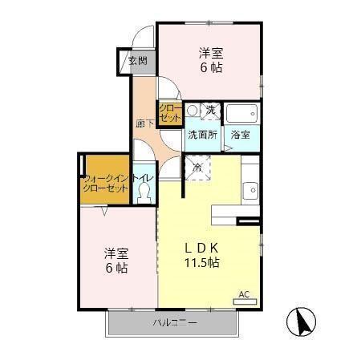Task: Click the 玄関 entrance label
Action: click(137, 60)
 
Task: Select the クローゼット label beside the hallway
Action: click(169, 113)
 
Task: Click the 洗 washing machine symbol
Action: click(209, 111)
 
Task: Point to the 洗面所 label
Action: click(202, 135)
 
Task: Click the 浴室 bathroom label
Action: click(240, 135)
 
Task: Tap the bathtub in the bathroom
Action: click(240, 111)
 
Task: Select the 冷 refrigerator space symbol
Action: click(197, 168)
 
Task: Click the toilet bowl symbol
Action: click(144, 192)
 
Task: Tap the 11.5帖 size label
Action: click(202, 263)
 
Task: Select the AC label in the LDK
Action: click(245, 295)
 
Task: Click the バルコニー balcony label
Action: click(174, 323)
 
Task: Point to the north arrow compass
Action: click(302, 323)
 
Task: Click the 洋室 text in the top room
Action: click(210, 53)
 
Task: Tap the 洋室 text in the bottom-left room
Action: click(115, 253)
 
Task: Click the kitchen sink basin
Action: click(249, 191)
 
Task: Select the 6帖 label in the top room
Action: click(210, 68)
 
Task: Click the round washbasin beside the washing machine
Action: click(192, 111)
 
